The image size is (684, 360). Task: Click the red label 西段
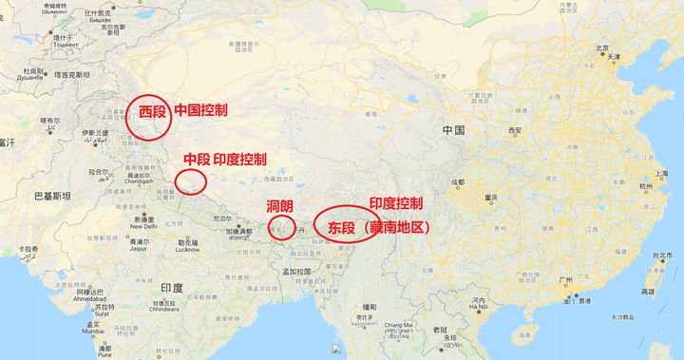click(152, 112)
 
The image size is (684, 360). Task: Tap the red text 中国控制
click(200, 110)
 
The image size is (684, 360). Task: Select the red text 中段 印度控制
click(225, 159)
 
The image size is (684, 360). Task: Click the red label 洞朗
click(279, 206)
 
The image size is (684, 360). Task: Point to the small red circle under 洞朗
click(280, 226)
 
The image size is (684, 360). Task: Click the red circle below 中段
click(191, 180)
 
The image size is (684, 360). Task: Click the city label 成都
click(458, 181)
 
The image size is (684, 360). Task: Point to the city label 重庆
click(490, 198)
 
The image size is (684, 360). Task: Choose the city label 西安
click(515, 130)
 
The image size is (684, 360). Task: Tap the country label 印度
click(171, 287)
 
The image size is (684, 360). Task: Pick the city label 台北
click(662, 256)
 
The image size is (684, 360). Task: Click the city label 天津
click(614, 57)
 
